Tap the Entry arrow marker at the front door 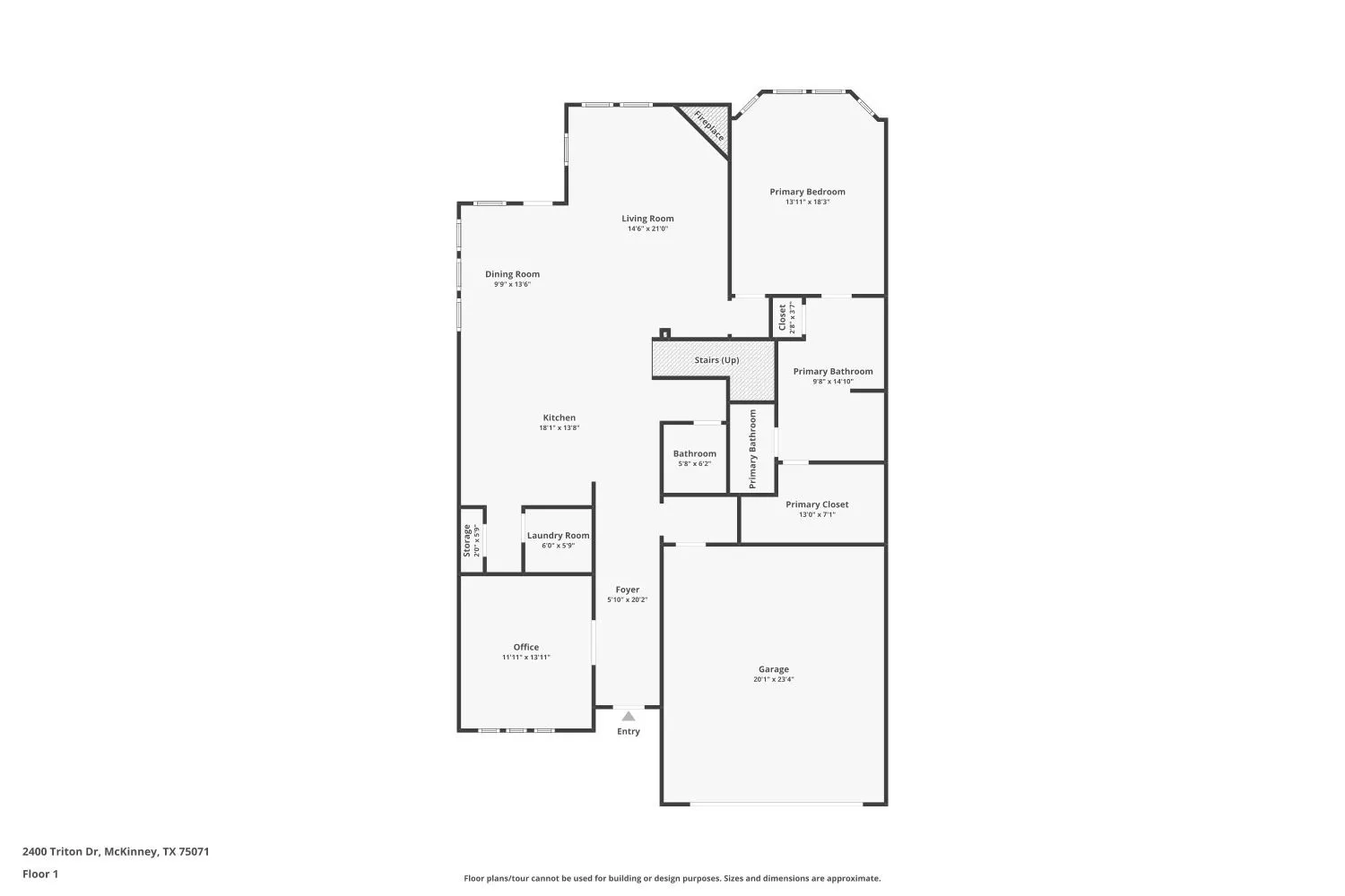(629, 716)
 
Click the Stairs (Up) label (716, 360)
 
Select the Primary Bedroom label (807, 192)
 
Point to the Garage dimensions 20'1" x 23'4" (773, 680)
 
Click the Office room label (526, 647)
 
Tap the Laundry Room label (558, 536)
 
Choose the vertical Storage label (467, 540)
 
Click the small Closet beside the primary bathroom (783, 318)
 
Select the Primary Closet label (817, 504)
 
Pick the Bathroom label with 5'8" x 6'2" (695, 453)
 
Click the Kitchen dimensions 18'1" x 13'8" (560, 428)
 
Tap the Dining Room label (513, 274)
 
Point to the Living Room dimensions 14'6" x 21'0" (647, 228)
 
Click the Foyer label (628, 590)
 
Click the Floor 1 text (40, 874)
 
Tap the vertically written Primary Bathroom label (752, 449)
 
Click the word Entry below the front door (629, 732)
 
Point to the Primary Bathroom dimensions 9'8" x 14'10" (832, 382)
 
